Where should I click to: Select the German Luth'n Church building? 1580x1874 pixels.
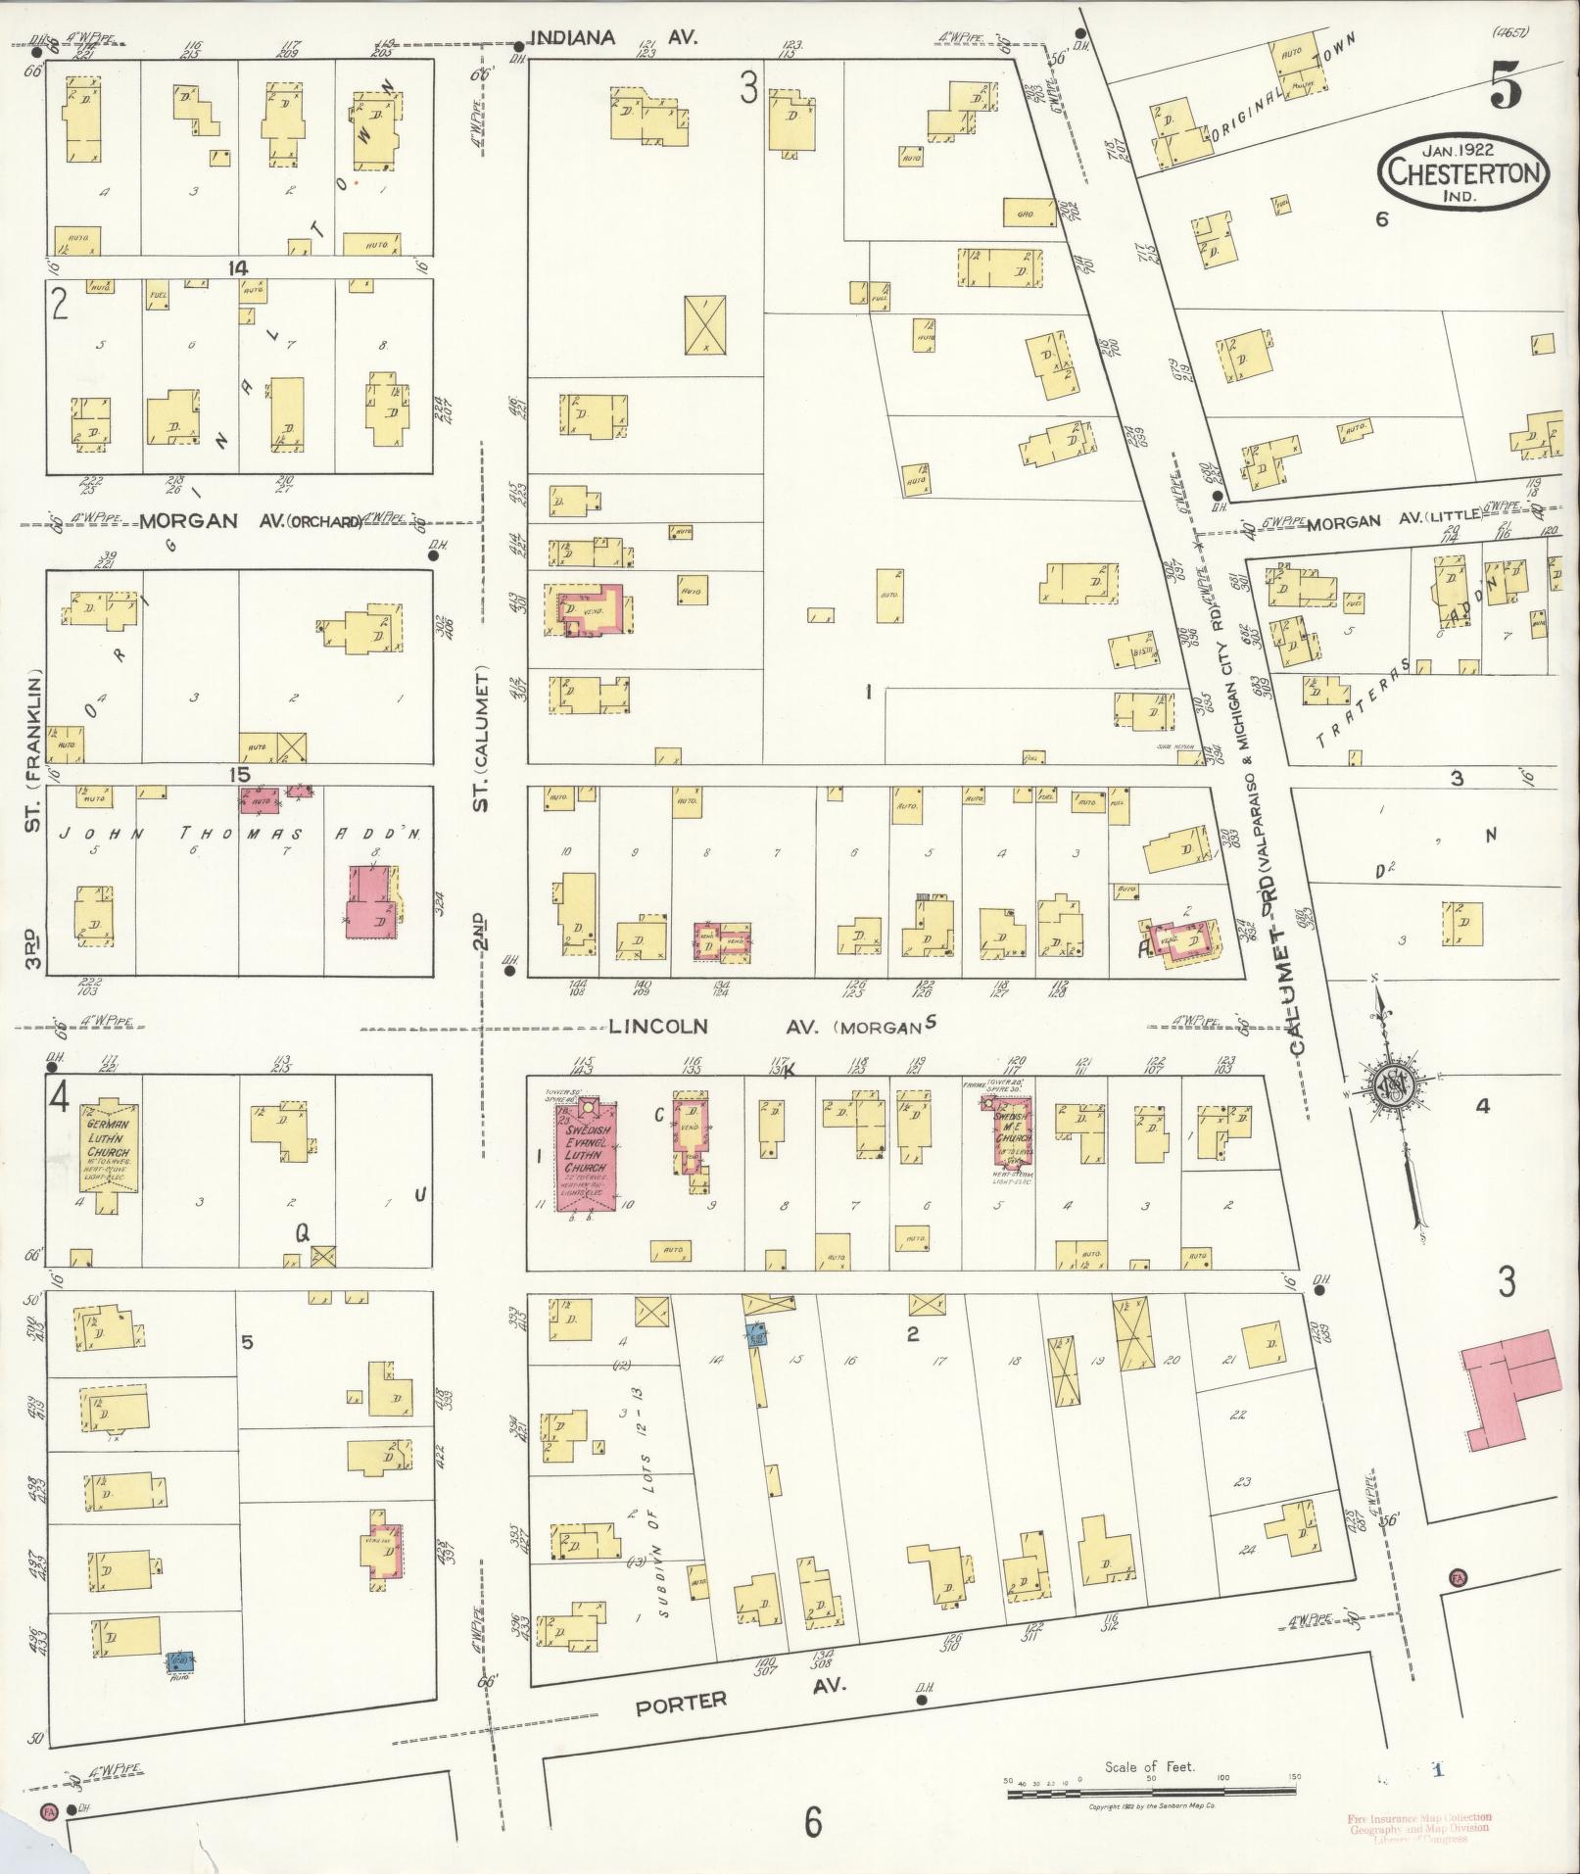click(108, 1148)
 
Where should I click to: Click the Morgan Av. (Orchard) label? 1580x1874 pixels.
click(250, 520)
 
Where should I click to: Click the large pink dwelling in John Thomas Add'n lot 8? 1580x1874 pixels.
click(372, 903)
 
